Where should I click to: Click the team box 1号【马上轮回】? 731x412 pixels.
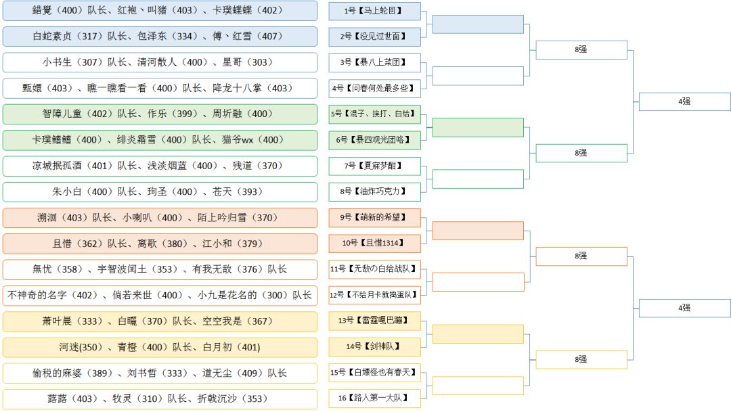coord(374,11)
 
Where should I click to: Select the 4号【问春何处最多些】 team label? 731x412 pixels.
coord(374,88)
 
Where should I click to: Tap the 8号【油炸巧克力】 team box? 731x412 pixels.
coord(374,191)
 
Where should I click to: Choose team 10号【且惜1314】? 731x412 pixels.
coord(374,243)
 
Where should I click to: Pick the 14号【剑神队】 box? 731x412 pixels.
coord(374,346)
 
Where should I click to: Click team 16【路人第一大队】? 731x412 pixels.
coord(374,398)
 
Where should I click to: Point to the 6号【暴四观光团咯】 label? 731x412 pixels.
coord(374,139)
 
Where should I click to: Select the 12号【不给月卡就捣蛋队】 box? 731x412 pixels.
coord(374,295)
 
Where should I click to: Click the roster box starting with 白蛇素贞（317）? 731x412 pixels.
coord(160,37)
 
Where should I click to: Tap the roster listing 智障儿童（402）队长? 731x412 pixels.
coord(160,114)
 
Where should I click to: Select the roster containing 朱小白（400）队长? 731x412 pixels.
coord(160,191)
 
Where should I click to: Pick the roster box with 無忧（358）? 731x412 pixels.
coord(160,269)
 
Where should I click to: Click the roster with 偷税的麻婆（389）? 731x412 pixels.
coord(160,373)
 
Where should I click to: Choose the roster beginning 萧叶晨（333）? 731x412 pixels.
coord(160,321)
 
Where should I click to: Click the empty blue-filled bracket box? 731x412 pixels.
coord(478,24)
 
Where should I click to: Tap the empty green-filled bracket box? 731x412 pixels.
coord(478,127)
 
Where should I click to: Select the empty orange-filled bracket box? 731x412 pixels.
coord(478,230)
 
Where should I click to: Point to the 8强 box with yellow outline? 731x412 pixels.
coord(581,359)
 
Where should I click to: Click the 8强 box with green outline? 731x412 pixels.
coord(581,153)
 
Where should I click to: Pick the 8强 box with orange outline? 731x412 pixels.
coord(581,256)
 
